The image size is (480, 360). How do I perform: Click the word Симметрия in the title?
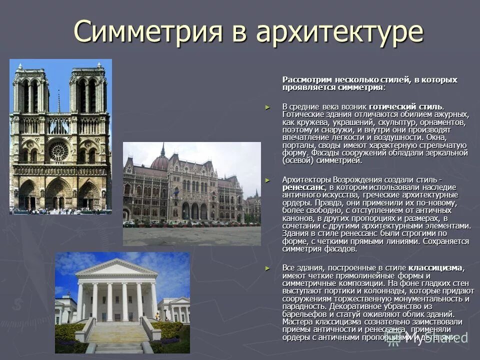pyautogui.click(x=148, y=32)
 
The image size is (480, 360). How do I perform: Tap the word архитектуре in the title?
pyautogui.click(x=340, y=32)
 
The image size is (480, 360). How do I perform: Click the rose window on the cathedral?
pyautogui.click(x=59, y=151)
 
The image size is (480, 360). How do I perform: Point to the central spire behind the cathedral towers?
pyautogui.click(x=58, y=102)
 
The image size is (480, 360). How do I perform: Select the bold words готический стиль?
pyautogui.click(x=405, y=107)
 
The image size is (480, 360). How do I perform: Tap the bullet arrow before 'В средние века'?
pyautogui.click(x=267, y=107)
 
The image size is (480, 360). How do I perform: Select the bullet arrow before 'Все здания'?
pyautogui.click(x=267, y=267)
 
